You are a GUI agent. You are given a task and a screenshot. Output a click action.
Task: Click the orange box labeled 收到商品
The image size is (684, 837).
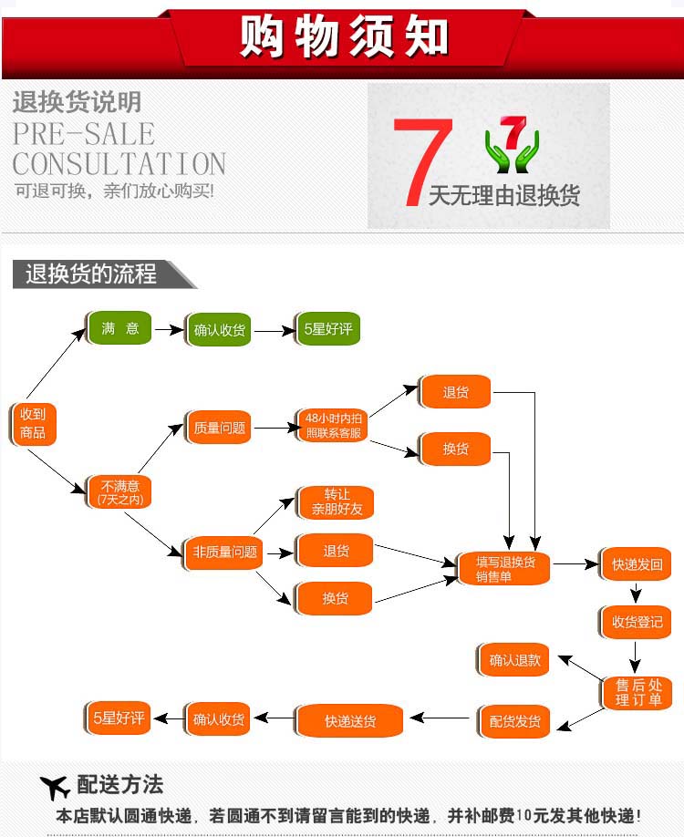coord(33,423)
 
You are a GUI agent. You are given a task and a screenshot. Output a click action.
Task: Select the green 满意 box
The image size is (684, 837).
coord(119,328)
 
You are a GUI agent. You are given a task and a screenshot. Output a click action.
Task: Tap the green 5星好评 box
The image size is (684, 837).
coord(328,329)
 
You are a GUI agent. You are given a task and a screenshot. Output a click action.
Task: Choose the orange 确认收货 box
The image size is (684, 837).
coord(219,719)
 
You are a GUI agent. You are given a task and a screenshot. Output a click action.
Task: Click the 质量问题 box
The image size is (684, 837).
coord(220,427)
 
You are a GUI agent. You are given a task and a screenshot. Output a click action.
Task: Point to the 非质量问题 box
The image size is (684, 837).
coord(220,552)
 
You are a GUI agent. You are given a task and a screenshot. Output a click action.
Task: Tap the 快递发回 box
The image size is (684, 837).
coord(637,564)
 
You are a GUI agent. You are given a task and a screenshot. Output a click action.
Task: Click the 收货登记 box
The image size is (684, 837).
coord(637,623)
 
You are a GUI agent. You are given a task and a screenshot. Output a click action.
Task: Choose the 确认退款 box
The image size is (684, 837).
coord(514,660)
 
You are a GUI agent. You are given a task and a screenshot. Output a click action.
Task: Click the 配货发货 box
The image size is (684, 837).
coord(514,721)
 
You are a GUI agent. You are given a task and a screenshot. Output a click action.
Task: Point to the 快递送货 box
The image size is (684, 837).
coord(349,721)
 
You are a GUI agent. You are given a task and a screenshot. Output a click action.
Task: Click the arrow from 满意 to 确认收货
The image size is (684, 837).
coord(169,329)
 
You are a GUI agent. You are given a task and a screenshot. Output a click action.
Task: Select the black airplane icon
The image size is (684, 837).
coord(56,787)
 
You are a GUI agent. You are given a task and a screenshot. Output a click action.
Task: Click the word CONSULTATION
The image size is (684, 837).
coord(119,164)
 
